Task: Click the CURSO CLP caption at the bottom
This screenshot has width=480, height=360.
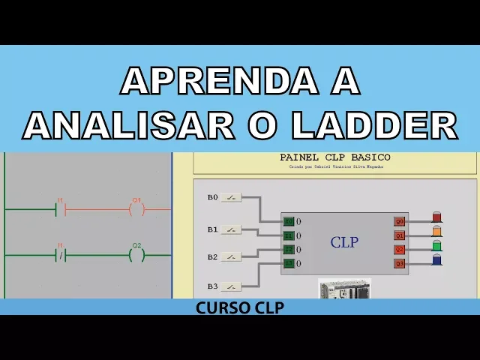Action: point(240,307)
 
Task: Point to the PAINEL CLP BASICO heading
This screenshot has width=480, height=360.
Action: point(334,157)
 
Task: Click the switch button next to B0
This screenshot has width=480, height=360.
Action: point(231,198)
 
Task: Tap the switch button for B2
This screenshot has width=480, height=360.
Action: point(231,257)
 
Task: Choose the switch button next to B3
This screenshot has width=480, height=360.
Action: point(231,286)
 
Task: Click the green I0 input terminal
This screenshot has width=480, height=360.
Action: point(289,221)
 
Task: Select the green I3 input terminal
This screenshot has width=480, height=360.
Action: point(289,263)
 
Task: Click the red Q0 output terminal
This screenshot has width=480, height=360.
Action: point(400,221)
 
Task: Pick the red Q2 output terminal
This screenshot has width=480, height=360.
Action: point(400,249)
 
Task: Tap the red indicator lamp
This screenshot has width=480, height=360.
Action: point(437,217)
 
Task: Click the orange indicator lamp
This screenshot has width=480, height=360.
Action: point(437,232)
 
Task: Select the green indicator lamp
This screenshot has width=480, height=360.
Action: point(437,245)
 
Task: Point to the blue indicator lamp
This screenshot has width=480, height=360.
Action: point(437,259)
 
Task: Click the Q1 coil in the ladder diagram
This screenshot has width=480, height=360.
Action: point(136,209)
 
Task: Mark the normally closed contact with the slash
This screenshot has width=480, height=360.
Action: point(61,256)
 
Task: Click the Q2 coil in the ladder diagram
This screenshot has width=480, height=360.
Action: point(136,255)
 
